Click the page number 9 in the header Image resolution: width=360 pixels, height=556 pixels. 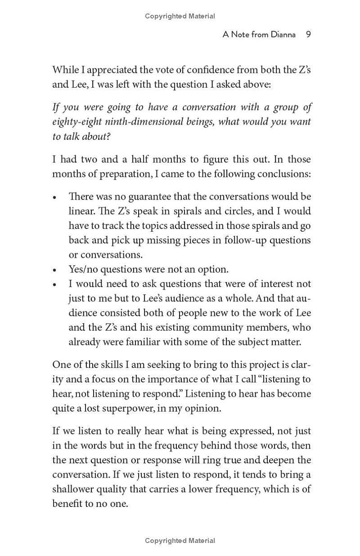[x=308, y=35]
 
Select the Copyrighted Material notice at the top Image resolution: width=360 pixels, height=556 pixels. [x=180, y=16]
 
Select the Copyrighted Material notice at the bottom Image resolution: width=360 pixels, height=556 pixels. [x=180, y=541]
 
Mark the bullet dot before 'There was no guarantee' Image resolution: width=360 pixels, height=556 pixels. [x=55, y=197]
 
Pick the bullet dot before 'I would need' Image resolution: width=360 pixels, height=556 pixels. [x=55, y=285]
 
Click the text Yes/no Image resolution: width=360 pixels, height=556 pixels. [x=83, y=269]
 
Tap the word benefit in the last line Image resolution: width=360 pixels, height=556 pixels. [x=67, y=504]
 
